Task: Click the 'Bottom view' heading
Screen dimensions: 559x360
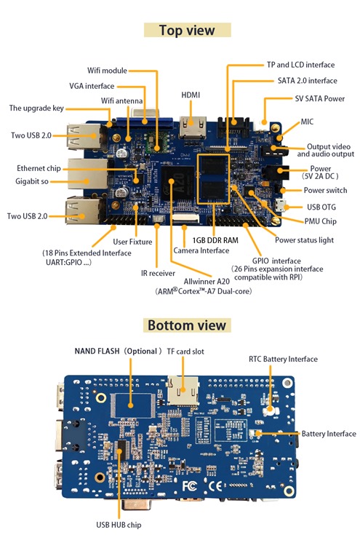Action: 187,325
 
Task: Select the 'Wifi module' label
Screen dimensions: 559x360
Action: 108,71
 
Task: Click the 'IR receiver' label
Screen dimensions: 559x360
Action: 157,274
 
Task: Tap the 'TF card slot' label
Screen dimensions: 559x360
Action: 190,351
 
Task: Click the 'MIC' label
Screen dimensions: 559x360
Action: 307,122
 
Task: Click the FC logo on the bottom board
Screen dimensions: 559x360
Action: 191,485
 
